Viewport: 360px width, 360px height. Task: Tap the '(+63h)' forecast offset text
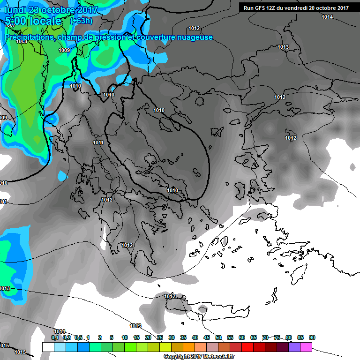point(81,21)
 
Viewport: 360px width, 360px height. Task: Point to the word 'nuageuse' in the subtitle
point(196,37)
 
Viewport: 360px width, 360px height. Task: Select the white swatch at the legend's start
point(48,347)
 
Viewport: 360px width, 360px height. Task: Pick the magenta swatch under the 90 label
point(306,347)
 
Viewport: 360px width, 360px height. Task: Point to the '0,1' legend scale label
point(55,338)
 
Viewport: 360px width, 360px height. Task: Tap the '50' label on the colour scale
point(218,338)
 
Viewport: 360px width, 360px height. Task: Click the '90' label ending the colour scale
point(312,338)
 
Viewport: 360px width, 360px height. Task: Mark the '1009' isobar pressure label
point(64,50)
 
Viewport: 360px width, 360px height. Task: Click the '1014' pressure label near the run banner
point(327,17)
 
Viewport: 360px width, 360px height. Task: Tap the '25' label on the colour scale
point(160,338)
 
